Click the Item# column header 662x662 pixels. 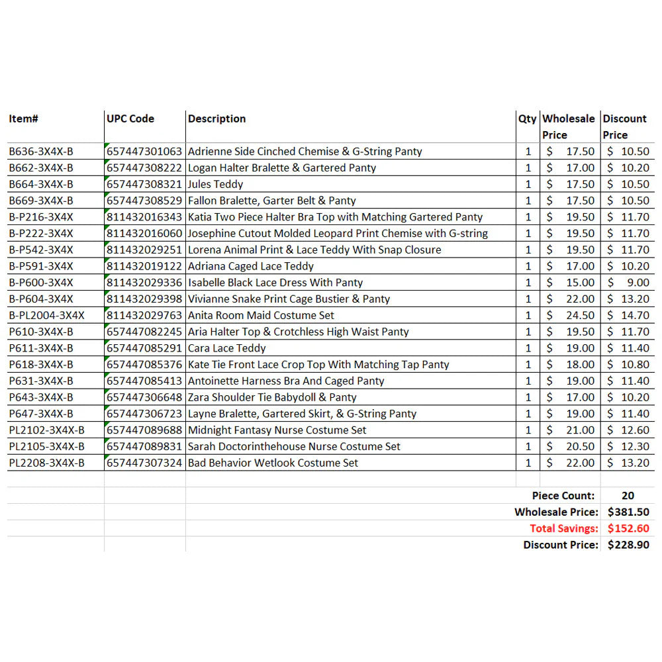[x=24, y=119]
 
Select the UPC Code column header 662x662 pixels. [x=130, y=119]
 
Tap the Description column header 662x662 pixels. [x=217, y=119]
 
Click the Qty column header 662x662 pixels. [x=528, y=119]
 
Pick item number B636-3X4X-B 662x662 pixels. [x=41, y=152]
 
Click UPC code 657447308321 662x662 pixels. [x=144, y=184]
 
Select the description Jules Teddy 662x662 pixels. [x=216, y=184]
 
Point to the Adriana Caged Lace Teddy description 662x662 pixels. [x=251, y=266]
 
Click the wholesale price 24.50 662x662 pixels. [x=580, y=315]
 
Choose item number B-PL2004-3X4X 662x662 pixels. [x=46, y=315]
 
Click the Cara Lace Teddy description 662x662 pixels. [x=227, y=348]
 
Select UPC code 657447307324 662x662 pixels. [x=144, y=463]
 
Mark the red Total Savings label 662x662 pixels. [x=564, y=528]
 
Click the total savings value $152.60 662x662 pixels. [x=628, y=528]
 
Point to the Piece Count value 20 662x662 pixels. [x=628, y=496]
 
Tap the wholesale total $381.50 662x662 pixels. [x=628, y=512]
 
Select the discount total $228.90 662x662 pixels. [x=628, y=545]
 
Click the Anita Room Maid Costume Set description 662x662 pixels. [x=261, y=315]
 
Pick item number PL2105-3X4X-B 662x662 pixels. [x=46, y=446]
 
